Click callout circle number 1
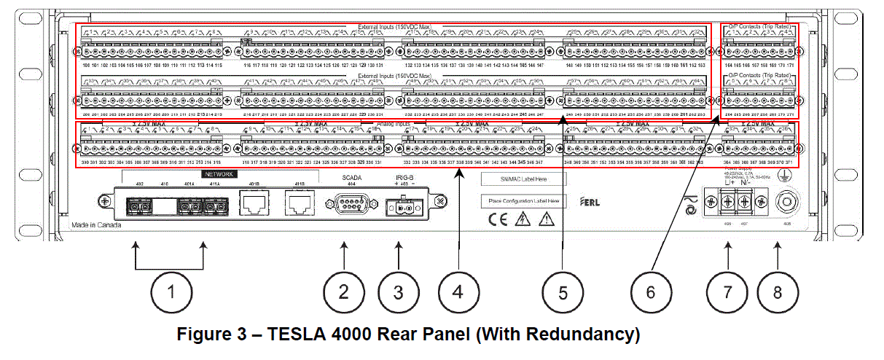coord(170,292)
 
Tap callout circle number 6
coord(650,292)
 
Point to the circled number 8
coord(778,292)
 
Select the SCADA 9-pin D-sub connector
coord(343,203)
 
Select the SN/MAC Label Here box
coord(523,178)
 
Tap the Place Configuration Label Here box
coord(523,201)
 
